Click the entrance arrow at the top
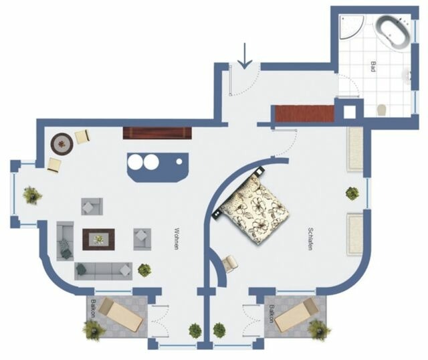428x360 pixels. (x=245, y=56)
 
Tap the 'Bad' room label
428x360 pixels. (x=372, y=67)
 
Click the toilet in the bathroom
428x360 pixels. (x=382, y=108)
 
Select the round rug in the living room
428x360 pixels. (x=62, y=142)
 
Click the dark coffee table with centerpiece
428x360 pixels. (x=98, y=239)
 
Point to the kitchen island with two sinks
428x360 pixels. (x=156, y=165)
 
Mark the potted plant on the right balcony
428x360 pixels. (x=320, y=329)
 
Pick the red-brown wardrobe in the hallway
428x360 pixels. (x=305, y=114)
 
